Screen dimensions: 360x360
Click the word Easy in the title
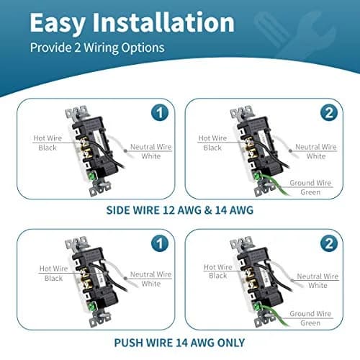[57, 24]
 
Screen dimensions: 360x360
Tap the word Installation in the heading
[163, 22]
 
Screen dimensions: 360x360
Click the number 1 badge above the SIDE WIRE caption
[160, 112]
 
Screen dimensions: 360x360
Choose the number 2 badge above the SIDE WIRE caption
[329, 112]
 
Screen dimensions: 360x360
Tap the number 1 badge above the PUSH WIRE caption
[160, 243]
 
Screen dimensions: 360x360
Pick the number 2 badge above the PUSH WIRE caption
[329, 243]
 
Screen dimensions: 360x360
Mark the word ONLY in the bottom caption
[231, 343]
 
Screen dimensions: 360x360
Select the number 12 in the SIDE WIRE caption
[168, 210]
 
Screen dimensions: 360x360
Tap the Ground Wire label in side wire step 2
[310, 183]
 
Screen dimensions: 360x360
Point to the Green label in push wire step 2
[310, 323]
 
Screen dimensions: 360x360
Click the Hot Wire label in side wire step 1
[48, 138]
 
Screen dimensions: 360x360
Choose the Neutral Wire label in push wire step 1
[150, 274]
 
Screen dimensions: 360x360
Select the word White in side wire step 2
[316, 156]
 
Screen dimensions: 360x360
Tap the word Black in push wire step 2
[218, 276]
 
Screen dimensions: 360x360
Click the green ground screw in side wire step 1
[91, 176]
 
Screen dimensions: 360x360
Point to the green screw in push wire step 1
[91, 307]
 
